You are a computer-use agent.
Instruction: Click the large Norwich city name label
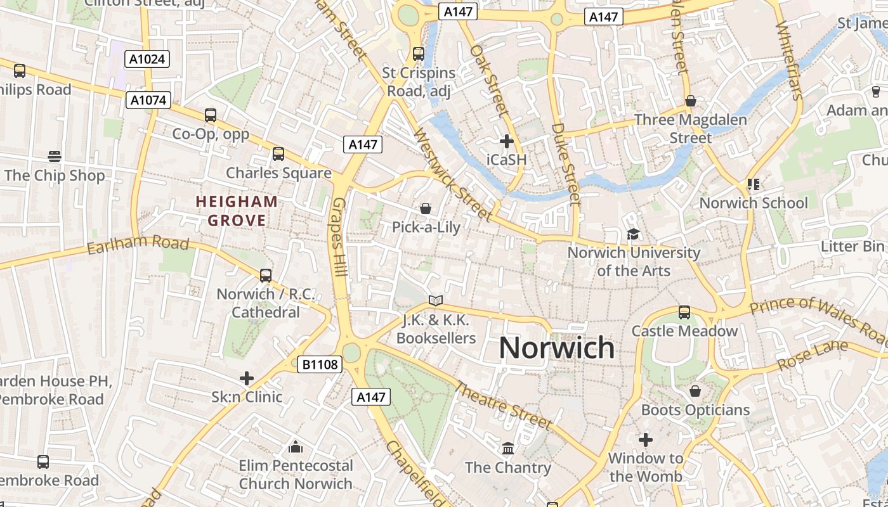[556, 347]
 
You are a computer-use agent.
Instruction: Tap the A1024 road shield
[147, 60]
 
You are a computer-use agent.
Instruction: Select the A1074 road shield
[149, 99]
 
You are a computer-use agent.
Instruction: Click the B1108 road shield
[320, 364]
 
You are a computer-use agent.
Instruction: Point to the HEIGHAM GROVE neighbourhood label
[237, 211]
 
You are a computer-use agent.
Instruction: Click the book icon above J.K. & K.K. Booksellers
[435, 300]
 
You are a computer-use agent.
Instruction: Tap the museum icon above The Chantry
[508, 449]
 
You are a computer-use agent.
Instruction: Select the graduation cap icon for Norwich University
[633, 234]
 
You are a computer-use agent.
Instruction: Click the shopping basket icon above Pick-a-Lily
[426, 209]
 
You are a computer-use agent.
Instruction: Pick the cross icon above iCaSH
[506, 141]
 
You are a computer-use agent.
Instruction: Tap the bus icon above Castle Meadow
[684, 312]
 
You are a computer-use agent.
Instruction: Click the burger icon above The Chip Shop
[55, 157]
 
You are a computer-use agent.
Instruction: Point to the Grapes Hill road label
[339, 236]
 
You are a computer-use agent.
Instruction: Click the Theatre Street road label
[502, 405]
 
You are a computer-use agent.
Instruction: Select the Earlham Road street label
[138, 243]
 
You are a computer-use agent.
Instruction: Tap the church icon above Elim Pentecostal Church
[296, 447]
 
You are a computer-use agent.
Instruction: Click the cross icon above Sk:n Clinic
[247, 378]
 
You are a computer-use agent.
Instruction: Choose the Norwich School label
[754, 203]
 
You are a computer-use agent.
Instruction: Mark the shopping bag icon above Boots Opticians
[695, 391]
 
